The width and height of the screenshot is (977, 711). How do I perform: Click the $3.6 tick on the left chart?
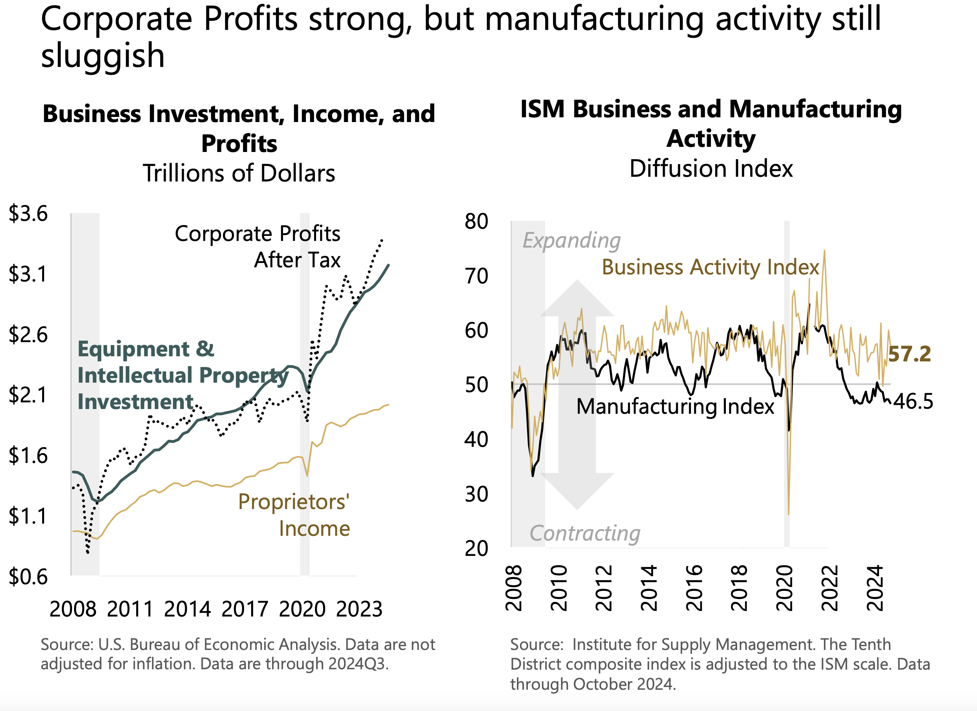click(x=28, y=213)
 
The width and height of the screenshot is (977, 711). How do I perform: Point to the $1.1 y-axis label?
click(x=28, y=516)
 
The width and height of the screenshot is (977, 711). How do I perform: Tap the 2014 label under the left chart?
click(x=187, y=609)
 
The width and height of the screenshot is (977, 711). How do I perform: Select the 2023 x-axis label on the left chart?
click(x=359, y=609)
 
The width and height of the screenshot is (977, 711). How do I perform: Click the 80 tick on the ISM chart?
click(x=476, y=222)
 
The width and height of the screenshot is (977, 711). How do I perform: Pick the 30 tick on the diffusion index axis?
click(x=476, y=494)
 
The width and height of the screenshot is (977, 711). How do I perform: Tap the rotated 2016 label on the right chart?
click(x=694, y=589)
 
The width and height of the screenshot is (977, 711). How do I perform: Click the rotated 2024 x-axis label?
click(x=875, y=589)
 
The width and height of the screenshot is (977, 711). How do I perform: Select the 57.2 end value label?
click(x=909, y=354)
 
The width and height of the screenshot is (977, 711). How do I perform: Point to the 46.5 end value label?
click(x=913, y=401)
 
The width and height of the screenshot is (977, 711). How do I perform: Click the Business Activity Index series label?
click(x=710, y=267)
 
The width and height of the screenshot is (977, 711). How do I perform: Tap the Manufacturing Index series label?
click(x=675, y=406)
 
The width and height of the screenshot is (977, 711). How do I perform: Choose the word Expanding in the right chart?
click(x=571, y=241)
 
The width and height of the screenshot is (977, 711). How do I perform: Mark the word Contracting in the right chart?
click(x=585, y=533)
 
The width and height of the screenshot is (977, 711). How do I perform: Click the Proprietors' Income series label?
click(x=294, y=515)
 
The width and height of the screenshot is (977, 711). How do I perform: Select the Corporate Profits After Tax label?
click(x=257, y=246)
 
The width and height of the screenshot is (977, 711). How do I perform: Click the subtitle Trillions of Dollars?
click(x=239, y=173)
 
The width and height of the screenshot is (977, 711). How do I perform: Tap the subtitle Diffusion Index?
click(x=711, y=168)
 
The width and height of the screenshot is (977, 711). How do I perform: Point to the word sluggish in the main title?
click(x=103, y=56)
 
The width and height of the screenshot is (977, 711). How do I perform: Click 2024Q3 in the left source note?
click(x=358, y=664)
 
